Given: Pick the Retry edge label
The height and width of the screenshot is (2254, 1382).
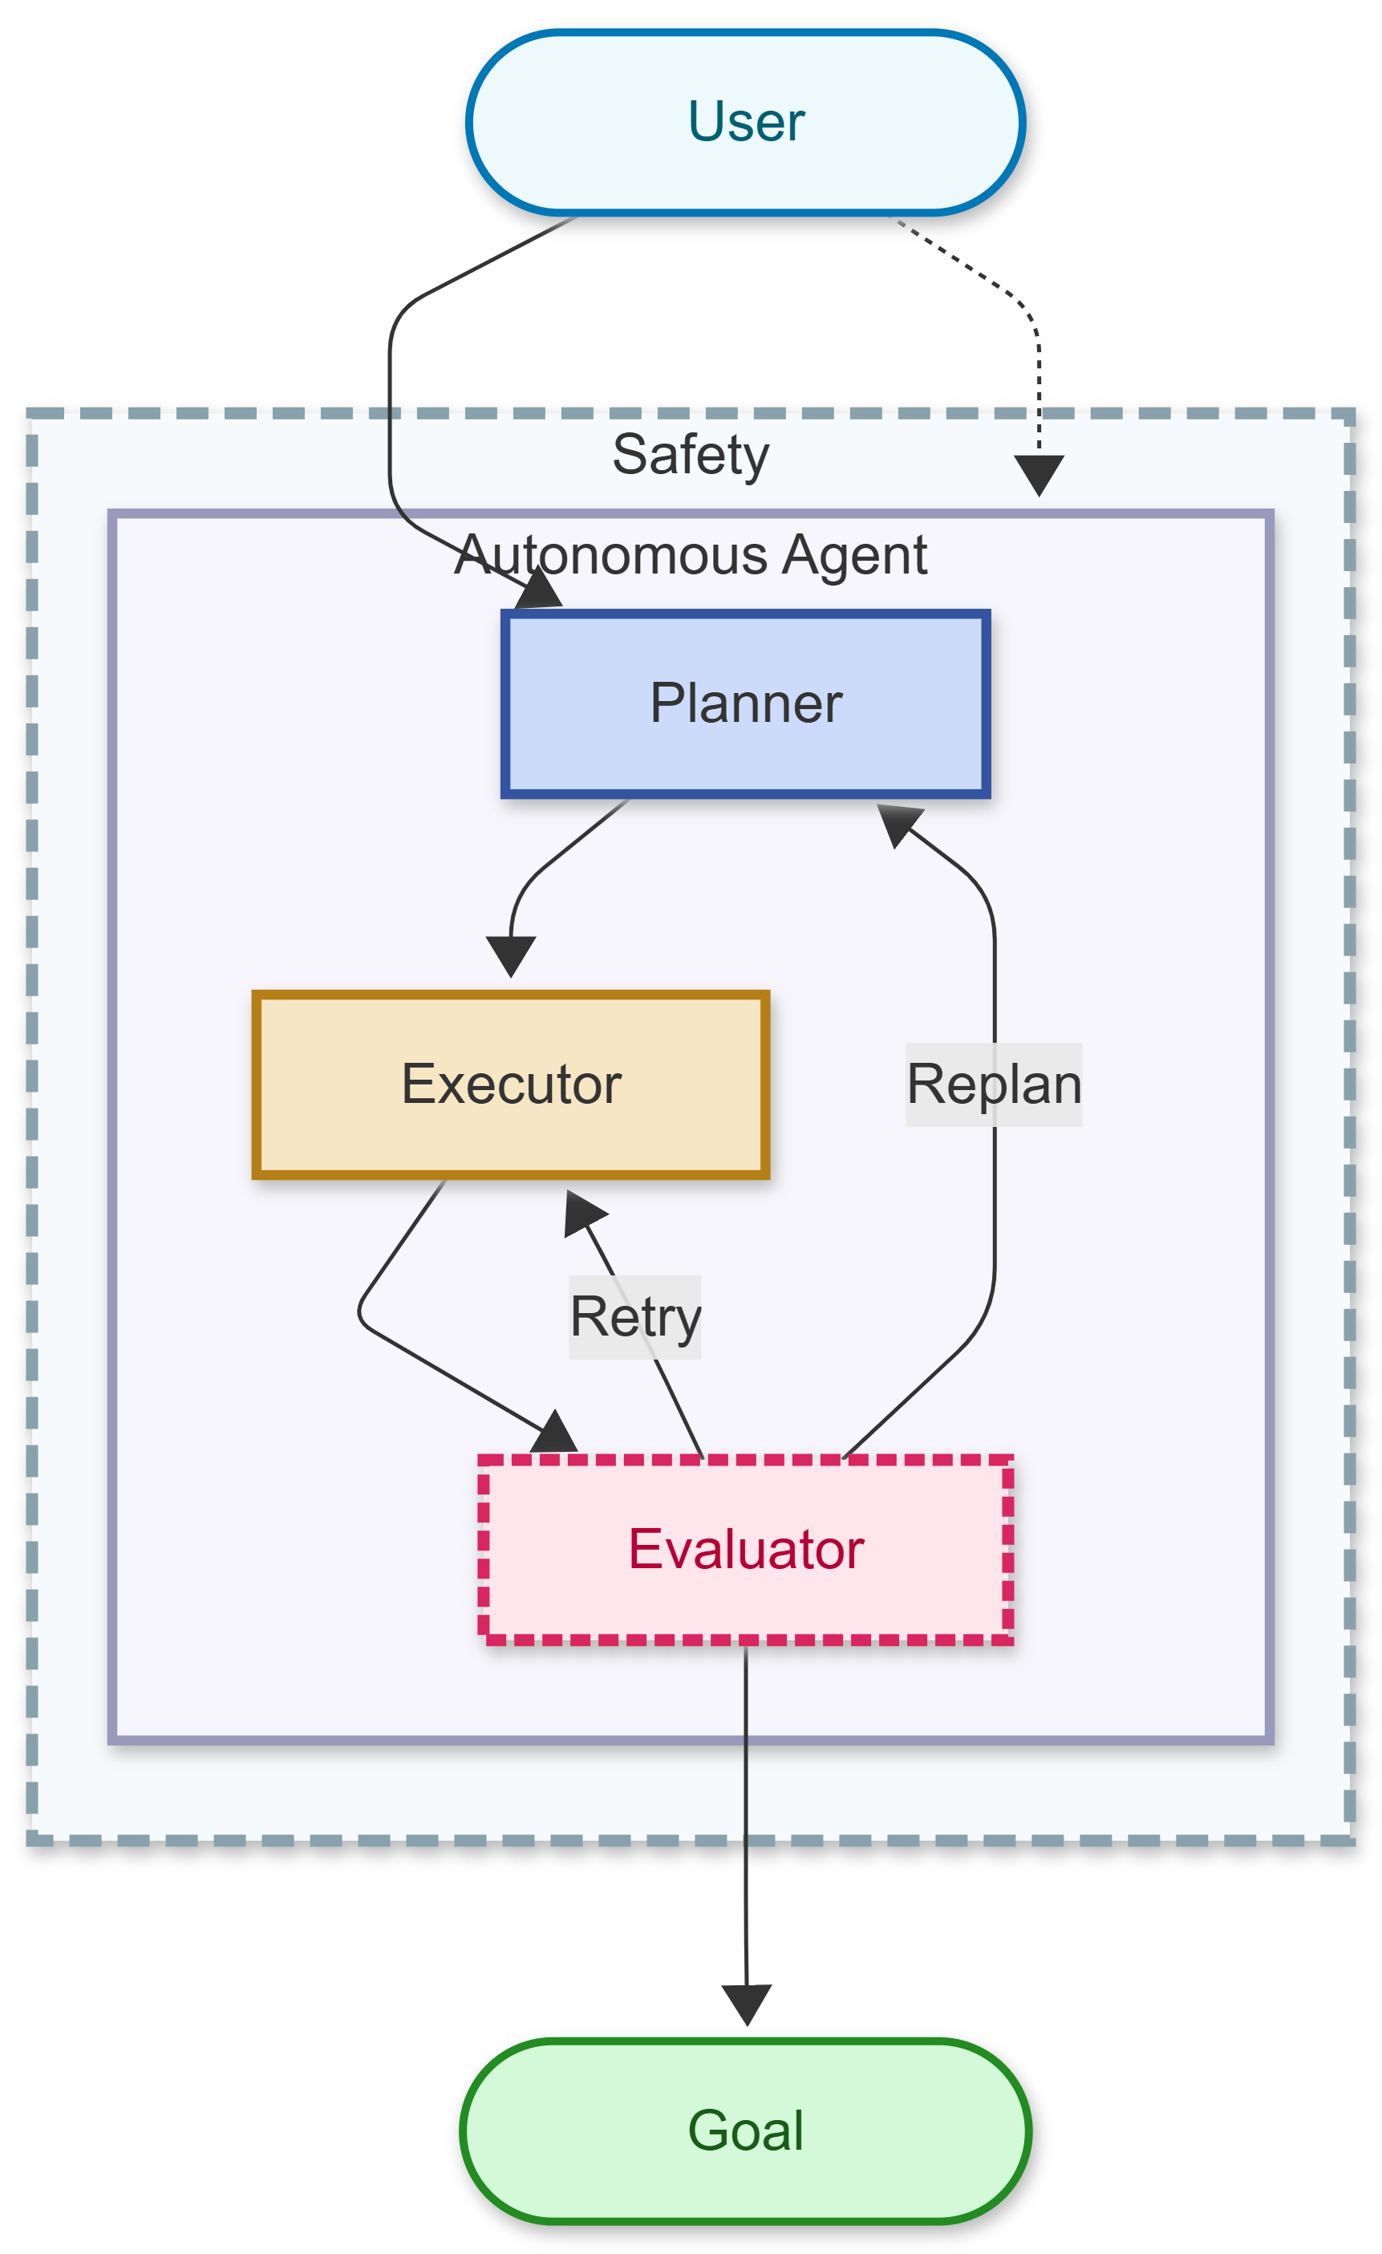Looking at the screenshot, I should coord(634,1316).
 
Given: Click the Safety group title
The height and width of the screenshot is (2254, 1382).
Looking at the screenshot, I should coord(691,455).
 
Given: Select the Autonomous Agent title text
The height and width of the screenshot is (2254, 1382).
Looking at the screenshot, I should coord(691,555).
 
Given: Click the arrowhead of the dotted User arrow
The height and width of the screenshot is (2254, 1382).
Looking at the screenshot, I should coord(1039,475).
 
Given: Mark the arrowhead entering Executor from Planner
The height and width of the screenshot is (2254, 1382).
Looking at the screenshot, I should coord(510,956).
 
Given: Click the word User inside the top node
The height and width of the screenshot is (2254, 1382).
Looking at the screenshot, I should coord(745,123).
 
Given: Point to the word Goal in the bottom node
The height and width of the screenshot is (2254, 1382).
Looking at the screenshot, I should coord(745,2130).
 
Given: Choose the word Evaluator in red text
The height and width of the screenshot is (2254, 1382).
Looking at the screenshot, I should coord(745,1549).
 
